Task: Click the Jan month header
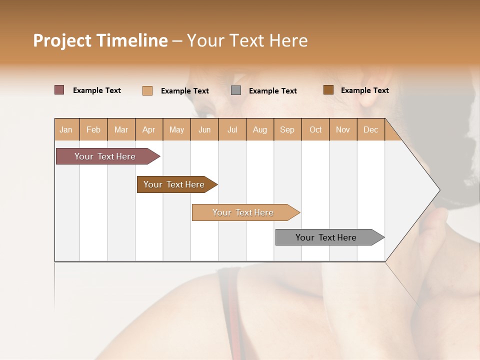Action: point(66,129)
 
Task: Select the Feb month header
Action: point(93,129)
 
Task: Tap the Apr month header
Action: point(148,129)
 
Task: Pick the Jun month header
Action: point(204,129)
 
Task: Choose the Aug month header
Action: point(260,129)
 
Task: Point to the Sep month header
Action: point(287,129)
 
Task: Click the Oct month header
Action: point(315,129)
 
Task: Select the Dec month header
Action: point(370,129)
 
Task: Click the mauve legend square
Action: point(59,90)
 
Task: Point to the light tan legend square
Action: point(147,90)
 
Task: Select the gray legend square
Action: point(236,90)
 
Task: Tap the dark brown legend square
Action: point(328,90)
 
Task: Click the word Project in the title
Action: point(62,40)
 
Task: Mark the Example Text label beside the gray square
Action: point(272,91)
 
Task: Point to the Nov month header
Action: point(343,129)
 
